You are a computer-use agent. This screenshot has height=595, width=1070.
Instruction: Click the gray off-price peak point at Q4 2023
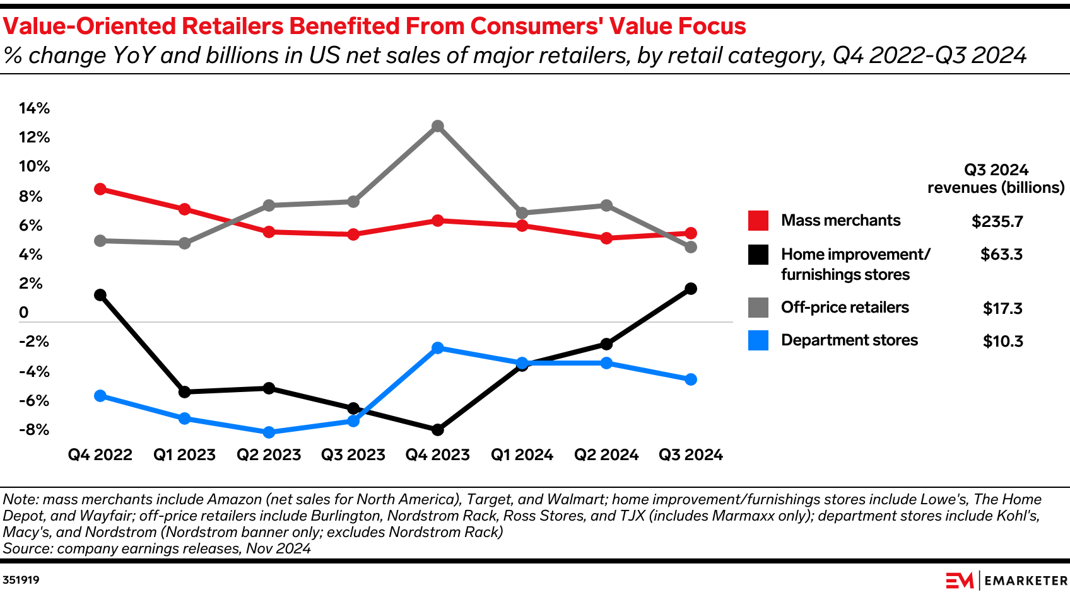[438, 126]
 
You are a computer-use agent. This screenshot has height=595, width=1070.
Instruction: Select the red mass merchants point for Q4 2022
[100, 189]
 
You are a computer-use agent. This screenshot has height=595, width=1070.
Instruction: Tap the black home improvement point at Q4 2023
[438, 430]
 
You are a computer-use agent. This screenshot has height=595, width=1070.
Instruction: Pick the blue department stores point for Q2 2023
[269, 432]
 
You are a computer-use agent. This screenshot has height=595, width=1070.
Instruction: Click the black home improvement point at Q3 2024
[691, 289]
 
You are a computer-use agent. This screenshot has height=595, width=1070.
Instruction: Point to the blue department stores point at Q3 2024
[691, 379]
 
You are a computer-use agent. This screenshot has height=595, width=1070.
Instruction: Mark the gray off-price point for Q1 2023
[184, 243]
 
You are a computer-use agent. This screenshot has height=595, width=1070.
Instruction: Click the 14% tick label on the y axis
[34, 108]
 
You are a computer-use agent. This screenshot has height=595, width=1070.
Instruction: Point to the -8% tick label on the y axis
[34, 430]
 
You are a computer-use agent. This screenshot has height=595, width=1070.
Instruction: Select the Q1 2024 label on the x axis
[522, 455]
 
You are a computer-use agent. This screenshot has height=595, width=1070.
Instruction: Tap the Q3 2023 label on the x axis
[353, 455]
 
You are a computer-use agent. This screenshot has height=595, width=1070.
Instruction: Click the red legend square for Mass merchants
[758, 221]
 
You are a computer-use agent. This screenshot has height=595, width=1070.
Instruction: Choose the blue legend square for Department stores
[758, 340]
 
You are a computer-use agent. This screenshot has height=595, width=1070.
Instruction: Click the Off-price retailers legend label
[845, 308]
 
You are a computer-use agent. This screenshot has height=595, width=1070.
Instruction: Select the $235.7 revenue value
[997, 222]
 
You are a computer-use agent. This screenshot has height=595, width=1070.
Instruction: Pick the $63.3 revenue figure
[1001, 255]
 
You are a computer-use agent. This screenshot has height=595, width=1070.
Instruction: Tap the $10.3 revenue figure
[1002, 342]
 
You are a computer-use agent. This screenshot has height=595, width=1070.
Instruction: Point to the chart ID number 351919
[21, 580]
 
